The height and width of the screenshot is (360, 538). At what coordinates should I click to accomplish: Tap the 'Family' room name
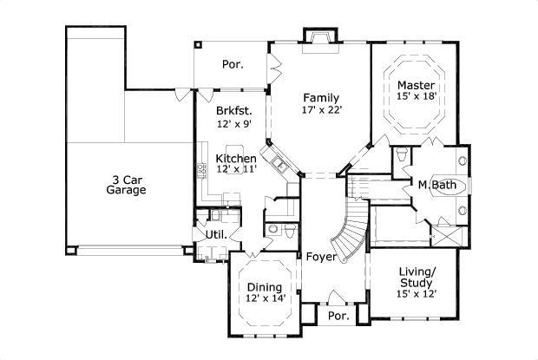(320, 98)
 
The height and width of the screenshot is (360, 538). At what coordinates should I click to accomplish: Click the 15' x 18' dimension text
(416, 97)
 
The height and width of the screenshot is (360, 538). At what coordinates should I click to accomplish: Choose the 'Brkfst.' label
(233, 111)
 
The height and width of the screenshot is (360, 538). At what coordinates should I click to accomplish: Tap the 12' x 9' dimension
(233, 124)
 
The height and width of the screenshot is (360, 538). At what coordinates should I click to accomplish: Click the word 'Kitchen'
(236, 159)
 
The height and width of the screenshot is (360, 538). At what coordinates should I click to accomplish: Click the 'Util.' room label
(215, 235)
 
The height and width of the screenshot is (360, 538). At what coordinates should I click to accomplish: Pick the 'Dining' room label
(264, 287)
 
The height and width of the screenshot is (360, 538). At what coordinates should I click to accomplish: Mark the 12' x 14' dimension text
(264, 299)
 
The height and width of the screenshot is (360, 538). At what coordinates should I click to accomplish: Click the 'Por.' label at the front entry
(338, 317)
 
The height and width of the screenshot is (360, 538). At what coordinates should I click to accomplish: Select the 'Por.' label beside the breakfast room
(232, 64)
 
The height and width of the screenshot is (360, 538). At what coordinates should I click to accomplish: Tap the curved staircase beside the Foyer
(351, 230)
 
